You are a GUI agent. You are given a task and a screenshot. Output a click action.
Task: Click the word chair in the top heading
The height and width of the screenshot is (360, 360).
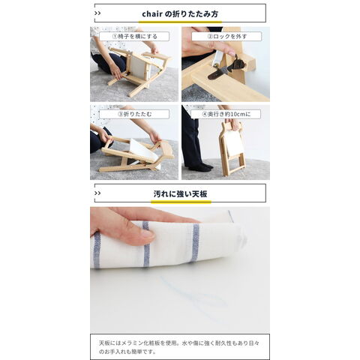pyautogui.click(x=152, y=14)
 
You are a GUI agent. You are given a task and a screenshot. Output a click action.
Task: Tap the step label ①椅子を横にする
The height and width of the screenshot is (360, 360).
pyautogui.click(x=134, y=37)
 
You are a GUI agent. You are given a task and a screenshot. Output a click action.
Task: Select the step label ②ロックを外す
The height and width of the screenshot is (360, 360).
pyautogui.click(x=227, y=37)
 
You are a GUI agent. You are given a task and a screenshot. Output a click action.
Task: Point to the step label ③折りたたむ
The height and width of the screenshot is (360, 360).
pyautogui.click(x=134, y=114)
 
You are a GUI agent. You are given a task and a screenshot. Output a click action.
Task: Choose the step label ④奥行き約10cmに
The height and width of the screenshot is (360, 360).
pyautogui.click(x=226, y=114)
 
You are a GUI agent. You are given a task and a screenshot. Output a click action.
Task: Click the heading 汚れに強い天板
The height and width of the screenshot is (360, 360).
pyautogui.click(x=180, y=193)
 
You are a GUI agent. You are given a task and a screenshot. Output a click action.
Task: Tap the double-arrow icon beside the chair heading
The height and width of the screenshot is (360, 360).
pyautogui.click(x=97, y=13)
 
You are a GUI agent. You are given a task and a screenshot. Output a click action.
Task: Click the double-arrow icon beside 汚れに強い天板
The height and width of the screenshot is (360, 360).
pyautogui.click(x=97, y=193)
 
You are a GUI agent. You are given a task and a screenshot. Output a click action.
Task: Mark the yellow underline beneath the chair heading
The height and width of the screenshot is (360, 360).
pyautogui.click(x=180, y=22)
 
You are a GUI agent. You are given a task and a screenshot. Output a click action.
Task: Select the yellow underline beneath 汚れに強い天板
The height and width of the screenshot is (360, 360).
pyautogui.click(x=181, y=202)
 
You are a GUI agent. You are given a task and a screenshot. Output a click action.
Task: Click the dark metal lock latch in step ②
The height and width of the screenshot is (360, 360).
pyautogui.click(x=226, y=69)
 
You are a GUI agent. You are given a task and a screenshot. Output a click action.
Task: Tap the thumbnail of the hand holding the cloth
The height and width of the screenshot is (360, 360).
pyautogui.click(x=180, y=270)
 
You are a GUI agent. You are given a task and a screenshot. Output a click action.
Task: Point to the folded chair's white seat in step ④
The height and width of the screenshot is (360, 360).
pyautogui.click(x=235, y=142)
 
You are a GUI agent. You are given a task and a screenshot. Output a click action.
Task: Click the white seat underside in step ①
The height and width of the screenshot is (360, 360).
pyautogui.click(x=138, y=67)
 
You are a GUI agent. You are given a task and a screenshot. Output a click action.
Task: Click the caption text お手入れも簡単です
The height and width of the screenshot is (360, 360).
pyautogui.click(x=130, y=352)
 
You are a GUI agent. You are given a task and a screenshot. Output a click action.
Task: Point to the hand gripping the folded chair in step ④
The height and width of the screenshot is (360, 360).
pyautogui.click(x=234, y=124)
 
